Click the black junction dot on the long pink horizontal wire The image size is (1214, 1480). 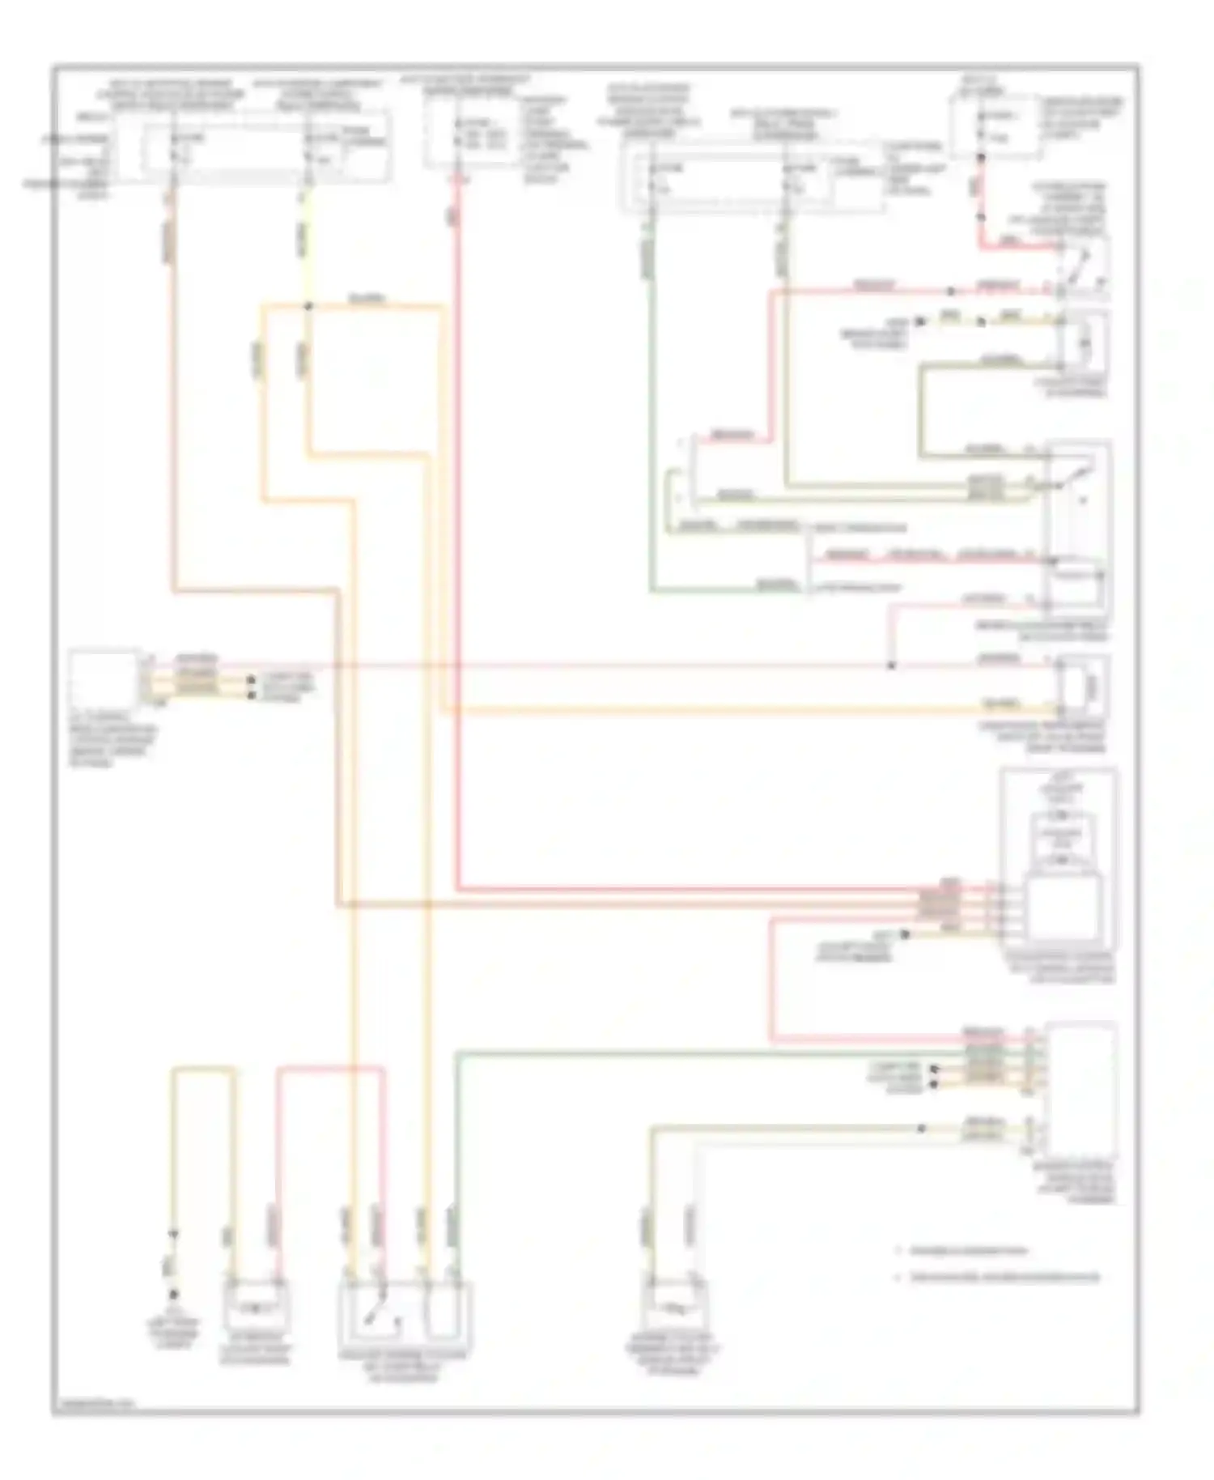point(891,666)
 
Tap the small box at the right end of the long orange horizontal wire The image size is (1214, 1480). point(1082,687)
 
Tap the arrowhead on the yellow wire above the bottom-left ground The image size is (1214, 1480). point(172,1235)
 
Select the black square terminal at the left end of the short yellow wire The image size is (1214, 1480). point(919,321)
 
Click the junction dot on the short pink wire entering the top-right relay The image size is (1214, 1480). point(951,290)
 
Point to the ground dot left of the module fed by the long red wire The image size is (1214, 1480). point(905,934)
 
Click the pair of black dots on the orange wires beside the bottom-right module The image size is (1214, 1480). point(934,1076)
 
